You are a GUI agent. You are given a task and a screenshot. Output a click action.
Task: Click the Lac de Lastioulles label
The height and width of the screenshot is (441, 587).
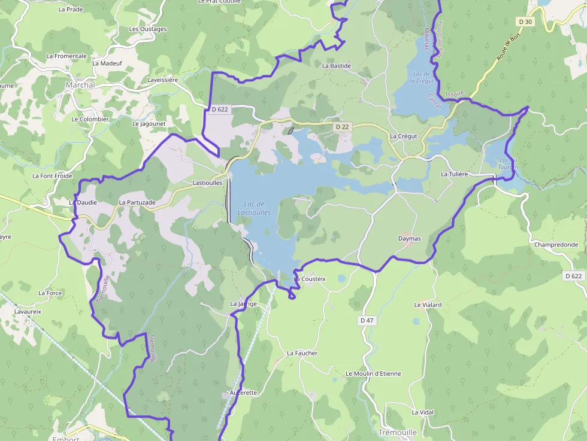pyautogui.click(x=254, y=208)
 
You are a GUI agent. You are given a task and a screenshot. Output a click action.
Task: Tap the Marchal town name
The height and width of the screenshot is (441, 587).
pyautogui.click(x=80, y=85)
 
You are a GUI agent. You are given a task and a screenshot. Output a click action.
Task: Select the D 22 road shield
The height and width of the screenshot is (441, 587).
pyautogui.click(x=342, y=127)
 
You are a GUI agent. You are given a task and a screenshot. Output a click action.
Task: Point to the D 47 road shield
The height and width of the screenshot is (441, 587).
pyautogui.click(x=367, y=321)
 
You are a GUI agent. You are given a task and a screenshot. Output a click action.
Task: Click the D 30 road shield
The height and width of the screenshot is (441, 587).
pyautogui.click(x=525, y=22)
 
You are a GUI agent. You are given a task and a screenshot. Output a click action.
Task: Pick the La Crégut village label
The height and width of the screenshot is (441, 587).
pyautogui.click(x=403, y=136)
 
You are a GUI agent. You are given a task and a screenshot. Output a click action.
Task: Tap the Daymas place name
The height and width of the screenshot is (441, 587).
pyautogui.click(x=409, y=239)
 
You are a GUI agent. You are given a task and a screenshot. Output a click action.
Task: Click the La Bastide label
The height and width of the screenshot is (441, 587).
pyautogui.click(x=337, y=66)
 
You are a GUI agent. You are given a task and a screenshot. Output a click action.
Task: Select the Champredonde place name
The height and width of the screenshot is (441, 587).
pyautogui.click(x=556, y=245)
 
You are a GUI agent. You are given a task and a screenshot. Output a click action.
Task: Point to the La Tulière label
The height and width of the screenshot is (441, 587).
pyautogui.click(x=453, y=174)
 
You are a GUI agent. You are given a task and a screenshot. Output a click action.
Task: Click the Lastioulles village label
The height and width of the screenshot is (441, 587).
pyautogui.click(x=207, y=183)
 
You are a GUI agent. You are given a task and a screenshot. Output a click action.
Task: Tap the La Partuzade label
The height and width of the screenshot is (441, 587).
pyautogui.click(x=137, y=202)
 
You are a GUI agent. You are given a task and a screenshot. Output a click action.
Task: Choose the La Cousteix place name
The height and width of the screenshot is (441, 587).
pyautogui.click(x=310, y=279)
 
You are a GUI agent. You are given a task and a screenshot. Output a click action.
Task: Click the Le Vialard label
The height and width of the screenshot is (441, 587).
pyautogui.click(x=428, y=305)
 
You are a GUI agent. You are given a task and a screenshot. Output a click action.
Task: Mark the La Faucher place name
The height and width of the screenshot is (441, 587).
pyautogui.click(x=302, y=353)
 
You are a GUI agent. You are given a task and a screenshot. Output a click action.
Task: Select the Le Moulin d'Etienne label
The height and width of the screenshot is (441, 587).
pyautogui.click(x=373, y=373)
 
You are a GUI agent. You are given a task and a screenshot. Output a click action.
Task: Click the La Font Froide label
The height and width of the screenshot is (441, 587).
pyautogui.click(x=52, y=176)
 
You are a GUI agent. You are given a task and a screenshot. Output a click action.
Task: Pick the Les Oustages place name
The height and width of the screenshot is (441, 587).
pyautogui.click(x=148, y=29)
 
